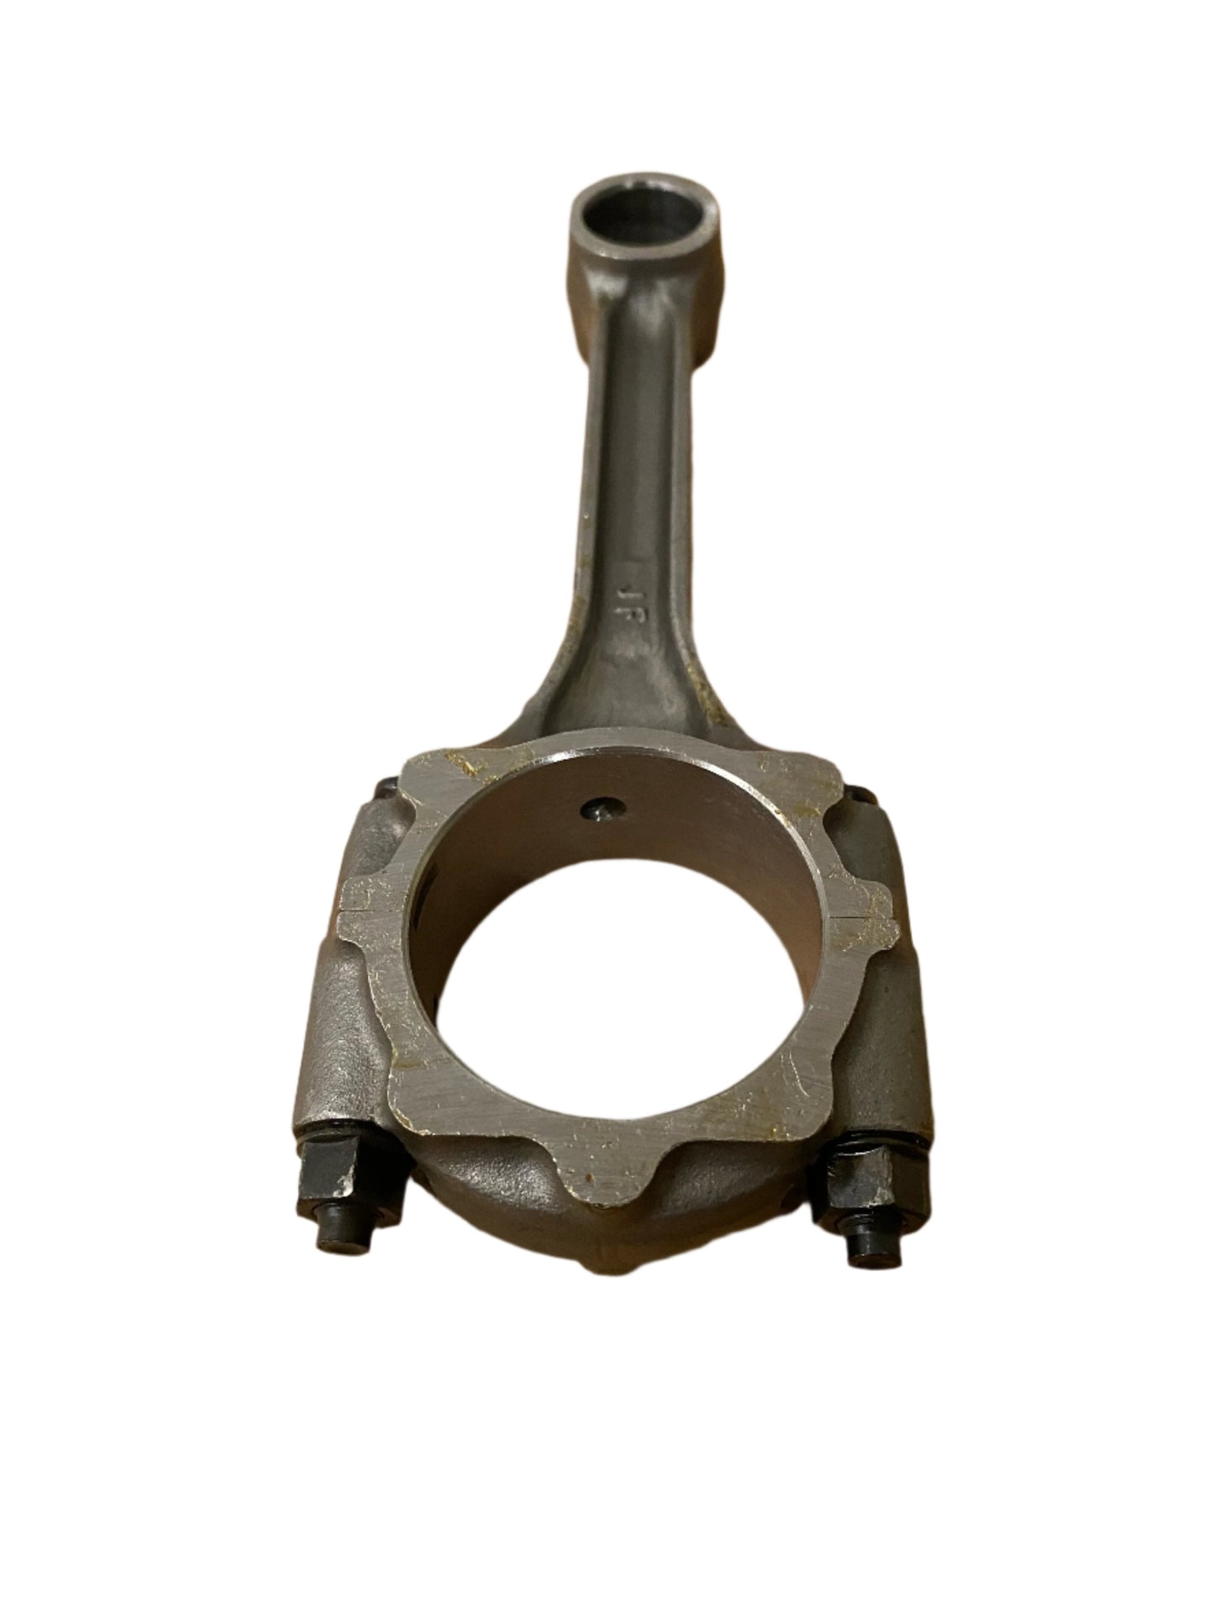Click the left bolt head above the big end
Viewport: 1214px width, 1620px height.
click(x=383, y=789)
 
